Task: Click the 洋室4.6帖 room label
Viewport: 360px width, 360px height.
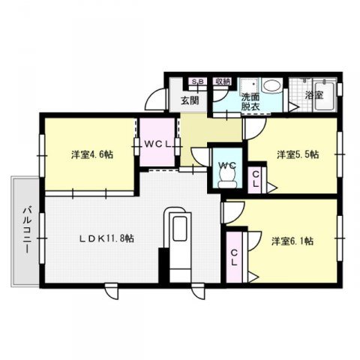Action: point(91,155)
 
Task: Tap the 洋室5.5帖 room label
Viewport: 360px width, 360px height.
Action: point(298,155)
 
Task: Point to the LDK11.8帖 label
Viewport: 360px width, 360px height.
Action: point(108,239)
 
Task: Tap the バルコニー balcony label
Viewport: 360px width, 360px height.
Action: point(25,231)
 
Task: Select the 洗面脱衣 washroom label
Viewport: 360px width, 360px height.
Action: point(250,102)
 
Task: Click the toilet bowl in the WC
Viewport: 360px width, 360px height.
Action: point(226,177)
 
